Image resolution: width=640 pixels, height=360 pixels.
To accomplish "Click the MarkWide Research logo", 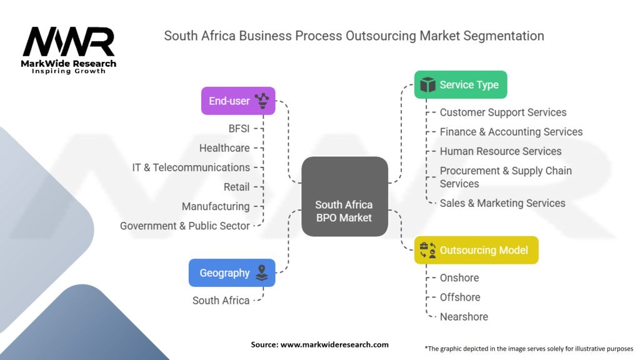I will point(69,49).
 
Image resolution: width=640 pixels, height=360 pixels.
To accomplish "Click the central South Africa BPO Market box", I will point(344,197).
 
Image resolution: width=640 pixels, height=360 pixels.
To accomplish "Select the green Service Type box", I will point(461,85).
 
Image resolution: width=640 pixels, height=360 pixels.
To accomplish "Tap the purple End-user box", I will point(238,101).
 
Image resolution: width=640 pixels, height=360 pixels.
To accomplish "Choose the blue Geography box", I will point(232,272).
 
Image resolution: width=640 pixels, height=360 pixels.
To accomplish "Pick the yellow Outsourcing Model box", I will point(476,250).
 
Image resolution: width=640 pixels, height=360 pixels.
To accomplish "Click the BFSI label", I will point(239,129).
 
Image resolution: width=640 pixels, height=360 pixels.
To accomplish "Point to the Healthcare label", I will point(224,148).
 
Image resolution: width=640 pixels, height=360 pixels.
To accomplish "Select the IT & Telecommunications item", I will point(191,167).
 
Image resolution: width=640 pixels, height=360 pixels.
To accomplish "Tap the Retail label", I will point(236,187).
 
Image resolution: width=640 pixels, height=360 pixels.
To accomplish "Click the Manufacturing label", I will point(216,206).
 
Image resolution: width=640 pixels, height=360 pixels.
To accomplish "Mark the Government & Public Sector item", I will point(185,226).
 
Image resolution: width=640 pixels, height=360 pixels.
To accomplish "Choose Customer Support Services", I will point(503,112).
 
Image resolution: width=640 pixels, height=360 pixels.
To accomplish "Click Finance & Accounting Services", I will point(511,132).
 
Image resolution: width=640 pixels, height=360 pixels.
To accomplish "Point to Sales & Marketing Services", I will point(502,203).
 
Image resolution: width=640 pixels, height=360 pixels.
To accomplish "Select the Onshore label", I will point(459,277).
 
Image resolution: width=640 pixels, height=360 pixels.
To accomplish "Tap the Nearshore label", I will point(464,316).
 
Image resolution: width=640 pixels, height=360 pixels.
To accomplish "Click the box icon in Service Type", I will point(427,85).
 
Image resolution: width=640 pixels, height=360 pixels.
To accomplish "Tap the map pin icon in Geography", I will point(261,272).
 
